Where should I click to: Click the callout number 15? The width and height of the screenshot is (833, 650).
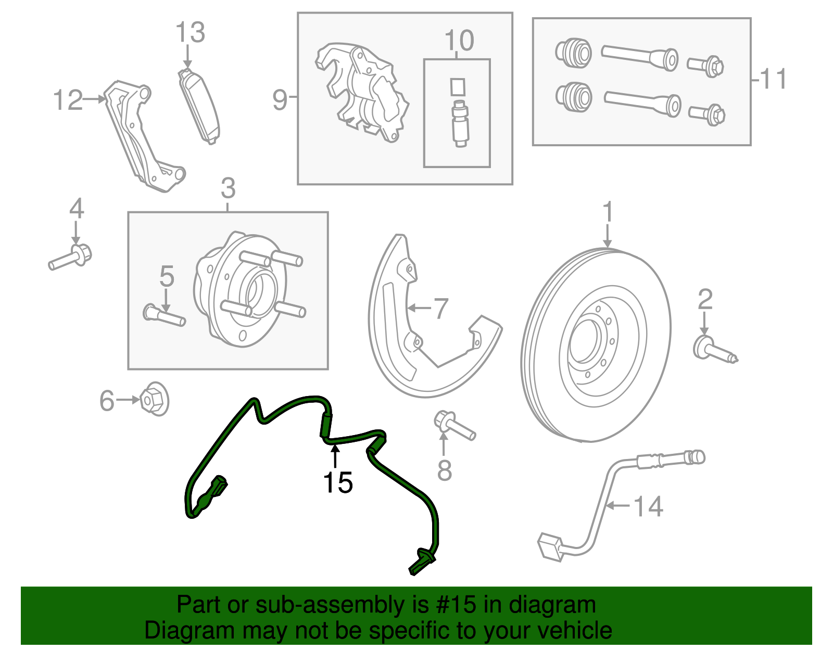click(338, 482)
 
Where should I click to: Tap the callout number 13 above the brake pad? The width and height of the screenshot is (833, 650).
click(190, 33)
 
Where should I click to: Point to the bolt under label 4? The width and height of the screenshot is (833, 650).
click(70, 258)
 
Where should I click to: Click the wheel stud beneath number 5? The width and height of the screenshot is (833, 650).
click(164, 315)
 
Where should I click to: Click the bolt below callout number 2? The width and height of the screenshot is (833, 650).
click(715, 351)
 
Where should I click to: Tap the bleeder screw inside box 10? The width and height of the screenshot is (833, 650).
click(459, 120)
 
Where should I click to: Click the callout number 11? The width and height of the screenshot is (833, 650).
click(773, 80)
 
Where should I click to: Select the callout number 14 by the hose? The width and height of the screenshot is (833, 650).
click(649, 506)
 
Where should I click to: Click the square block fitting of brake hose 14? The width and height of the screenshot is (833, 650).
click(550, 547)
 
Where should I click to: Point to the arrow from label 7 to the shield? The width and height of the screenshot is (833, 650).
click(419, 308)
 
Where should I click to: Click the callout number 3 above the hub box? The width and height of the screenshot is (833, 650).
click(228, 188)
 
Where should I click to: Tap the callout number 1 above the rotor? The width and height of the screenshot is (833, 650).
click(608, 212)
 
